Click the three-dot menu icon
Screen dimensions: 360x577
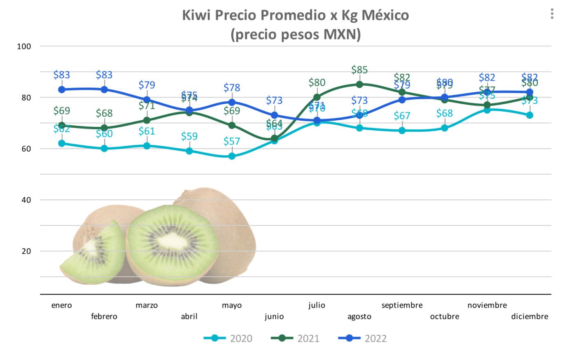point(552,14)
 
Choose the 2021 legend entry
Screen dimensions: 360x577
point(296,339)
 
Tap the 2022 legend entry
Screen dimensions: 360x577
point(363,339)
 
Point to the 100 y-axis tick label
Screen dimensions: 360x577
point(24,47)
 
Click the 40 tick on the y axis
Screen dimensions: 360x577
point(26,200)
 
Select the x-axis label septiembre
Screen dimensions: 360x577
point(402,305)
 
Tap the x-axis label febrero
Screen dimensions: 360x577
point(104,316)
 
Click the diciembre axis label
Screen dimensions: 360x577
point(530,316)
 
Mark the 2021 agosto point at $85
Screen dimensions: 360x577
point(359,84)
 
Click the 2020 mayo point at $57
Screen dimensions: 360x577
point(232,156)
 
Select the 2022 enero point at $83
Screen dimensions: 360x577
point(62,89)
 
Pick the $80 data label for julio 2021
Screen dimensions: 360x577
point(317,82)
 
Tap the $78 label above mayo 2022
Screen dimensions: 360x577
point(232,88)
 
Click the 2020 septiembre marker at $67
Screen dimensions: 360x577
point(402,131)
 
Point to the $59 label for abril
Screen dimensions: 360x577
point(189,136)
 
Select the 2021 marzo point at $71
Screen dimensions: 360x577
point(147,120)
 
